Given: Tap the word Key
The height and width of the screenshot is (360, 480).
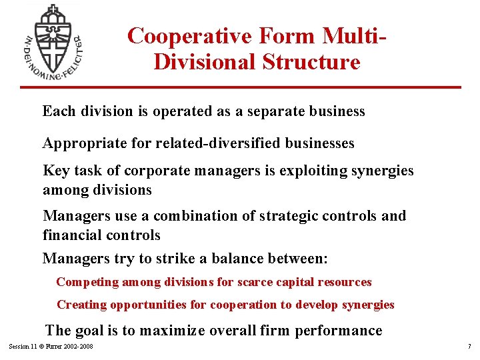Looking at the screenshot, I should (55, 171).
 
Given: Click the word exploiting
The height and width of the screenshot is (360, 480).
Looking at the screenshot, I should (304, 171).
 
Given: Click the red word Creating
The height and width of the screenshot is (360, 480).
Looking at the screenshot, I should (82, 305).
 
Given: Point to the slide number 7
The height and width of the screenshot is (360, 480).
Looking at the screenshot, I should (469, 347).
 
